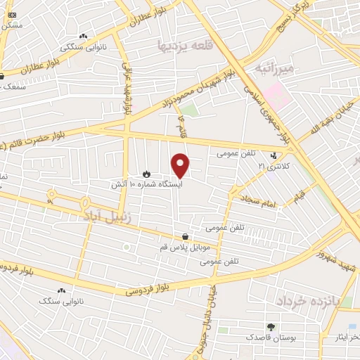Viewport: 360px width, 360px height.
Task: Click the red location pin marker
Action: point(181,165)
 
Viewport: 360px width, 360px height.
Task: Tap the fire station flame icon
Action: point(146,172)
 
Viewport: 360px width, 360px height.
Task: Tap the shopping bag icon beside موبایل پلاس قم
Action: point(184,237)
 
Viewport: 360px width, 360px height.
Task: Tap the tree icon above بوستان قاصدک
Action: point(270,327)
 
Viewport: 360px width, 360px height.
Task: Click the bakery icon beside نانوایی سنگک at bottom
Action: point(61,290)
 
